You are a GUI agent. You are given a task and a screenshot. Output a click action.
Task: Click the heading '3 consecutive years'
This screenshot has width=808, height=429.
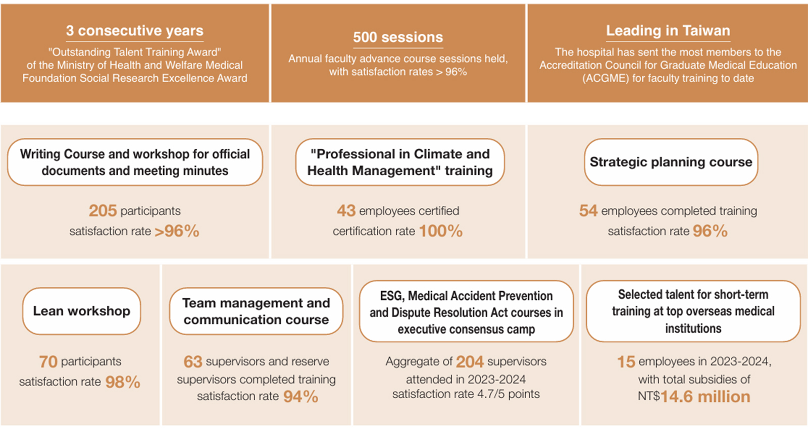point(134,31)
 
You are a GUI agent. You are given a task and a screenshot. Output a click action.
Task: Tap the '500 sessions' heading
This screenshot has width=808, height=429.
point(398,37)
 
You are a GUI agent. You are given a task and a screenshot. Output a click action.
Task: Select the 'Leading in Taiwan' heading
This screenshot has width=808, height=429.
point(668,31)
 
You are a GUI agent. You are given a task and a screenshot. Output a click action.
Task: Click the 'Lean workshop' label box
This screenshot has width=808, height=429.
point(81,311)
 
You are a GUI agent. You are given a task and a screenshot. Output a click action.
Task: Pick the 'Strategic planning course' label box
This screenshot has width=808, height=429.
point(671,162)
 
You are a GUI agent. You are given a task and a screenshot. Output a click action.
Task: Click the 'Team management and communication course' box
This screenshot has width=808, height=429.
point(256,311)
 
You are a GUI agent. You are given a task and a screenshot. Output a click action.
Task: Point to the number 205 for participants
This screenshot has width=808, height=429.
point(103,210)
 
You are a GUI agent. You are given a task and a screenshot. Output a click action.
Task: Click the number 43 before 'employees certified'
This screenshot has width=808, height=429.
point(346,210)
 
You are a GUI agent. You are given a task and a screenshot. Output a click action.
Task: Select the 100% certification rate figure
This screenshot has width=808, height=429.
point(440,231)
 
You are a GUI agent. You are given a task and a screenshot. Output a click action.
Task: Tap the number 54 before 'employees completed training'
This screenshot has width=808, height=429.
point(588,210)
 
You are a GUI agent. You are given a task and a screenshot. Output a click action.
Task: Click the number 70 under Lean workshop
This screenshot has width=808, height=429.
point(48,361)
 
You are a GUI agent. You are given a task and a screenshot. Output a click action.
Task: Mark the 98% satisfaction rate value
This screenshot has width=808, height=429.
point(123,382)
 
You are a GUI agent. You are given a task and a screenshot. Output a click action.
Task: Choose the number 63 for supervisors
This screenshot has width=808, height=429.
point(192,361)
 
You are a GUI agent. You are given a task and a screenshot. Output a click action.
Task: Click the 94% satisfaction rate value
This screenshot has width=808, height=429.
point(300,397)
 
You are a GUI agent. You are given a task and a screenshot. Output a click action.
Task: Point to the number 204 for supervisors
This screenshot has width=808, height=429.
point(470,361)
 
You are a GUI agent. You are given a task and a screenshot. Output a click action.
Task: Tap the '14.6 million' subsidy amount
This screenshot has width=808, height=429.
point(705,397)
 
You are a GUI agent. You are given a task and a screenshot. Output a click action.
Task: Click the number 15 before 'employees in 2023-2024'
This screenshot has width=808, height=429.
point(626,361)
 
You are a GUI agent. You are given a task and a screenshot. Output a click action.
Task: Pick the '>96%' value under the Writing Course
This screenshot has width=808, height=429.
point(177,231)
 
